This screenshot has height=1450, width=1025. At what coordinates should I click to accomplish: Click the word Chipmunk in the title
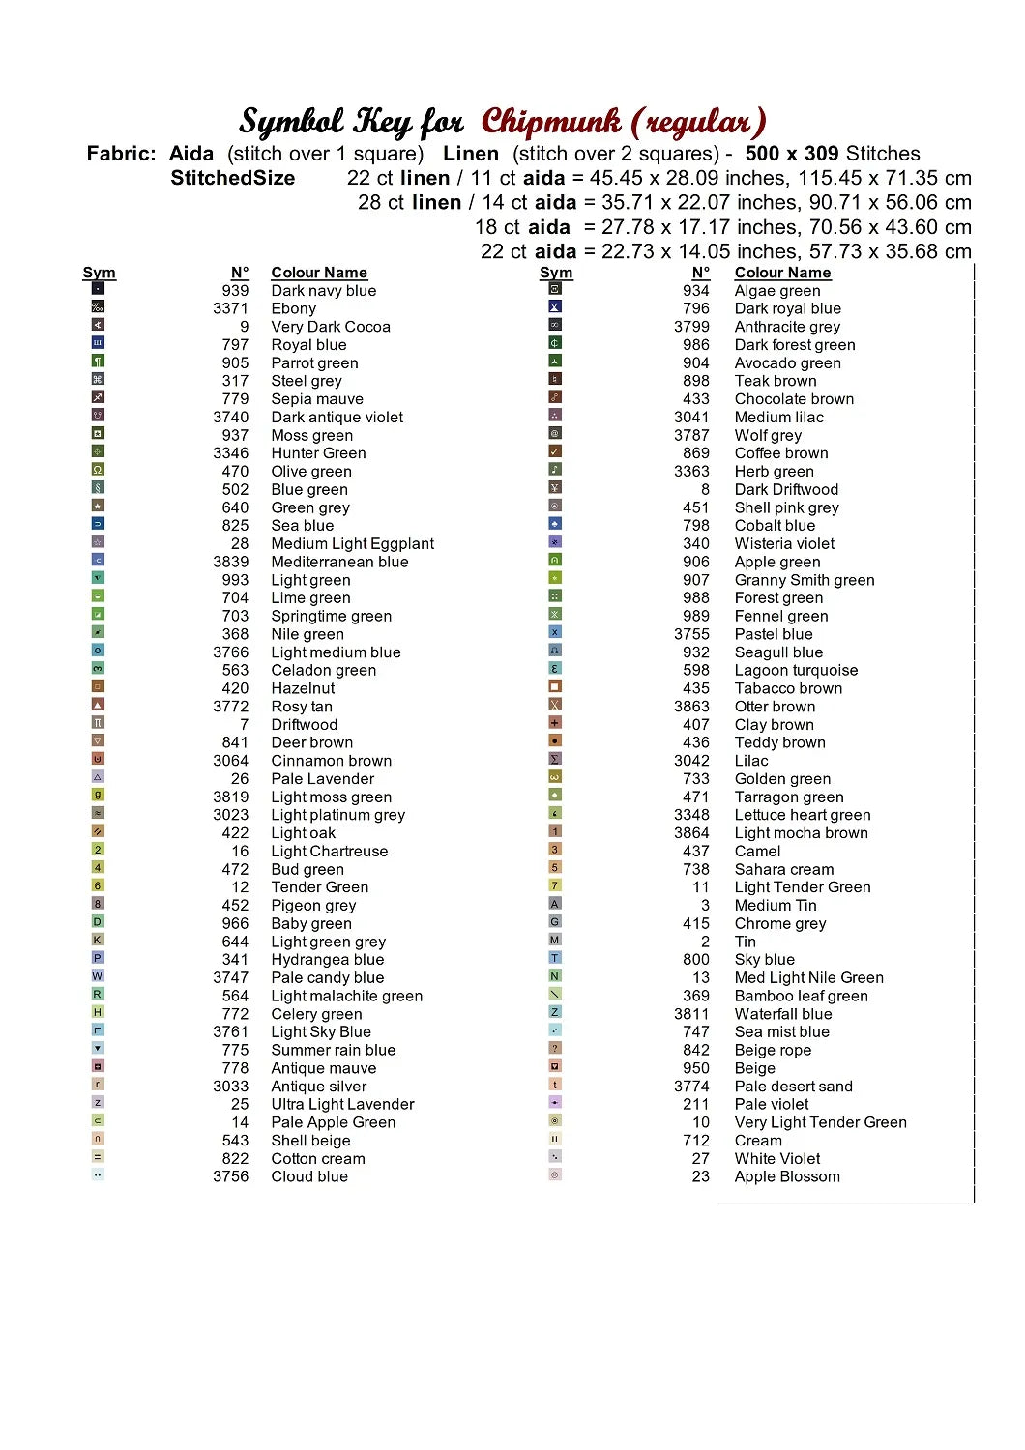551,122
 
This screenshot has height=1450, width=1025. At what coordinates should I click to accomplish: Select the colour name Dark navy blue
323,291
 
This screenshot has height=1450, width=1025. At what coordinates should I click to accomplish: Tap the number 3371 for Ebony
230,308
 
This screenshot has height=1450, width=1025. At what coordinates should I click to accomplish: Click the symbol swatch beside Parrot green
98,361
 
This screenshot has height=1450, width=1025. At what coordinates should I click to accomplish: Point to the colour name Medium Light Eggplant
352,544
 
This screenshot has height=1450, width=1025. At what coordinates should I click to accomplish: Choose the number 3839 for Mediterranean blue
230,562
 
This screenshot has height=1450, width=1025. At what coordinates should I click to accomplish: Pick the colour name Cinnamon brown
331,761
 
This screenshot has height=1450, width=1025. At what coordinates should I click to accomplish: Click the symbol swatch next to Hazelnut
98,686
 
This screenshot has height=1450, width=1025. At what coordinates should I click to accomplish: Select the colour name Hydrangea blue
327,960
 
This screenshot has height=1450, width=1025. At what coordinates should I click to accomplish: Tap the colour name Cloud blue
308,1176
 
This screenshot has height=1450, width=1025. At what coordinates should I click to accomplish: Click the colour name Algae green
776,291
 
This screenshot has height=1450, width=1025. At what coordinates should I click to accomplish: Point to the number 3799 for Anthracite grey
691,327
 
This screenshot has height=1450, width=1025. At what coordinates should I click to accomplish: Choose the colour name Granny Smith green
804,580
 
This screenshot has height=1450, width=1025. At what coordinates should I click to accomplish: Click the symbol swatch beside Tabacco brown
555,686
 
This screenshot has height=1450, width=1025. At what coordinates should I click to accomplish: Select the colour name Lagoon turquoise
796,671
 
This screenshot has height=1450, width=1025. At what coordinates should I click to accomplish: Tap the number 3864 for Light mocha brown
691,833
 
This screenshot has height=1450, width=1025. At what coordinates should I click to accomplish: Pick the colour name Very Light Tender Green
820,1122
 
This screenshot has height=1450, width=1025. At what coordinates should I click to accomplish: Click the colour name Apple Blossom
787,1176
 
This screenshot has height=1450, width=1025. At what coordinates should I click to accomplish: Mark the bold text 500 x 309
792,154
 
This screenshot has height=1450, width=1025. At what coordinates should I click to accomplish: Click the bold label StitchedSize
232,178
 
